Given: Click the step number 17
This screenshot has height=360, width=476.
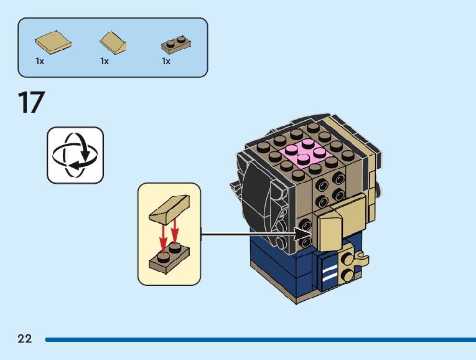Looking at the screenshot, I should click(x=31, y=103).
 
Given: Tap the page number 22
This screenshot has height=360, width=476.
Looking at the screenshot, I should click(x=25, y=339).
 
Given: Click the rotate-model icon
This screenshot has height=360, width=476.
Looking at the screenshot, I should click(x=75, y=155).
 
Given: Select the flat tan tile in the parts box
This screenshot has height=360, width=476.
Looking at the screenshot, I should click(x=52, y=42).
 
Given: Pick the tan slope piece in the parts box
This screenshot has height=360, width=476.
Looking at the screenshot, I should click(x=114, y=42).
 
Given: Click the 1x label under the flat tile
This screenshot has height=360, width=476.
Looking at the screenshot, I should click(x=40, y=62).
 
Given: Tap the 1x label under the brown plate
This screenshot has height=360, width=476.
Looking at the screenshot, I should click(x=166, y=62).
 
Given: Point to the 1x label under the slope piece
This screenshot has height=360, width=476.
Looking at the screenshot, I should click(x=105, y=62).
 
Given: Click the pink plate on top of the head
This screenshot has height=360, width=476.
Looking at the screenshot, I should click(x=304, y=152).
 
